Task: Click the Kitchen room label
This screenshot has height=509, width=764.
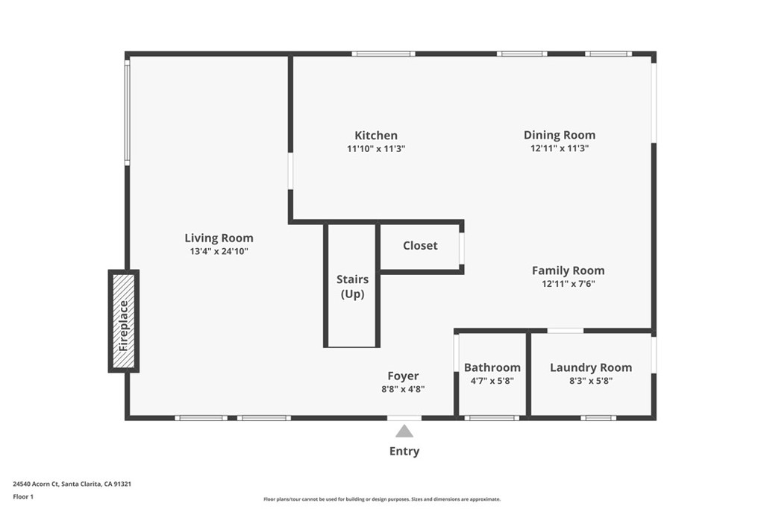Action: (x=375, y=136)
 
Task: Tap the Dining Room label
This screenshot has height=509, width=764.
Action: (x=559, y=135)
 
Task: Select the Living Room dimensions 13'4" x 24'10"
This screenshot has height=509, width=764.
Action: (x=219, y=252)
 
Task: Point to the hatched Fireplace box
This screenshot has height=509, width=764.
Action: (x=124, y=321)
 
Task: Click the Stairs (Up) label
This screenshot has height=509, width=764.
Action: (x=352, y=286)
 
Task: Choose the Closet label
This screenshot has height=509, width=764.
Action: (x=420, y=246)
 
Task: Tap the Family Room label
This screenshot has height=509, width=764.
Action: (x=568, y=271)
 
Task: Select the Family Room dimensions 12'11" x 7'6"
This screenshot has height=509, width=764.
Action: (x=568, y=284)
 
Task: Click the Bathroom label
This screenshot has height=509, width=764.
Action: (x=492, y=367)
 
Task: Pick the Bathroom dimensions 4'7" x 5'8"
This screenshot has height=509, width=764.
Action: (x=492, y=381)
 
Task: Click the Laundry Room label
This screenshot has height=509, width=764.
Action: (x=590, y=367)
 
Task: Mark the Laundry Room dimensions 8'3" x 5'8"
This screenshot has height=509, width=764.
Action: (x=590, y=381)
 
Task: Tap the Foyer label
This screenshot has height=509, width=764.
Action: (x=403, y=376)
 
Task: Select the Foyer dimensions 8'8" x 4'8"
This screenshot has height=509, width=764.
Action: (x=403, y=389)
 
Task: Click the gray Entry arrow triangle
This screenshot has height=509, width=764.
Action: (x=404, y=431)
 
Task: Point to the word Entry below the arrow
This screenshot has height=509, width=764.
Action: (x=404, y=451)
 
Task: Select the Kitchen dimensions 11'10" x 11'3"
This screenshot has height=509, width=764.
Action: (x=375, y=148)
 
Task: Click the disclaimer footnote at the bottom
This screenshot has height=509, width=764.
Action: (x=381, y=499)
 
